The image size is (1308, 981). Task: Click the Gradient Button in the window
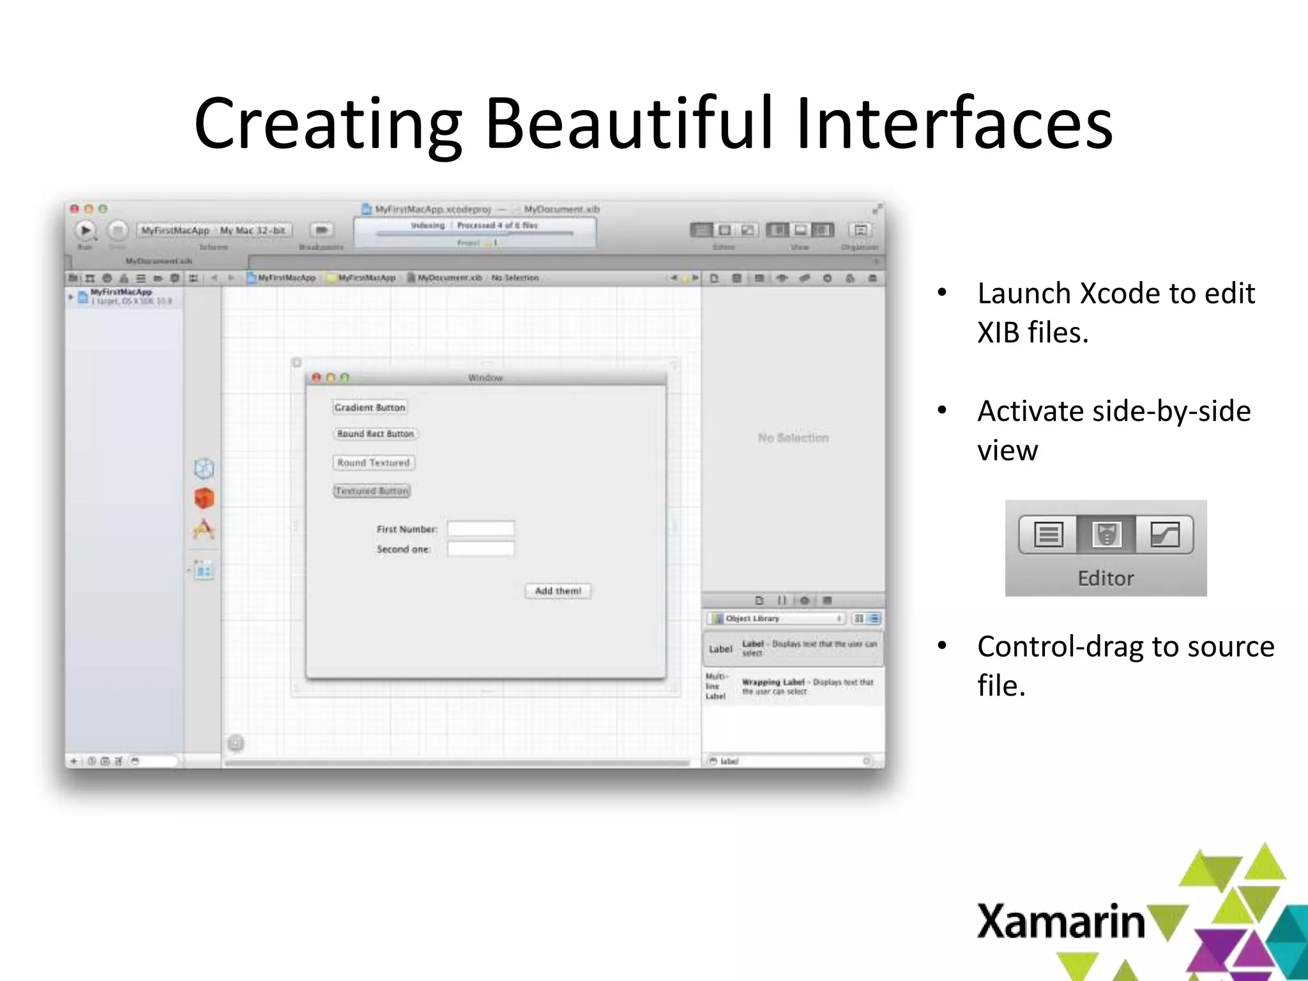click(369, 407)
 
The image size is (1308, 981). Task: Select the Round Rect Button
click(375, 434)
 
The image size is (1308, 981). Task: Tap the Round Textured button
click(374, 462)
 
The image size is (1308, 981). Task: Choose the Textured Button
click(372, 491)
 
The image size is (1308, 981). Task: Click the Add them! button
click(558, 591)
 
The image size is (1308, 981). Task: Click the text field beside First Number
click(480, 528)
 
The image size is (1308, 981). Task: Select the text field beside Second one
click(480, 549)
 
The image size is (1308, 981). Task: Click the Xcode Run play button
click(85, 230)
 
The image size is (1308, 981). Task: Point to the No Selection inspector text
click(793, 437)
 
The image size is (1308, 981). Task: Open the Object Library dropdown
click(776, 618)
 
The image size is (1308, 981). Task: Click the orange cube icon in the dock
click(204, 498)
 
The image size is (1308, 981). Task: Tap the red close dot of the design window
click(316, 377)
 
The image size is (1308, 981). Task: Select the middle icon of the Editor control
click(1106, 534)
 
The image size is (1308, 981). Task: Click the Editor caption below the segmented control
click(1106, 578)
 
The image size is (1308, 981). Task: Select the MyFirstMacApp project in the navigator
click(121, 293)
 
